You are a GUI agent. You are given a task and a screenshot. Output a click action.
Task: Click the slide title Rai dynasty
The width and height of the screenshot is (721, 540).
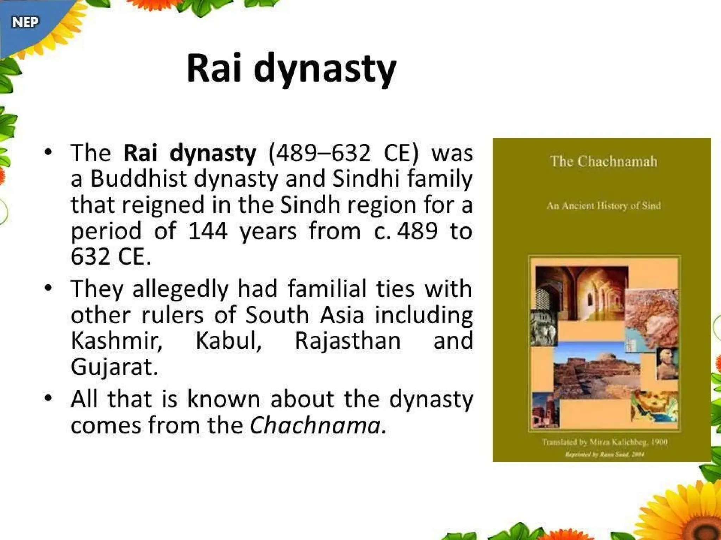(x=291, y=68)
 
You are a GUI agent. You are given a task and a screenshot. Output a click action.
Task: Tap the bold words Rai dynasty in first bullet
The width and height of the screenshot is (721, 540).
(x=190, y=153)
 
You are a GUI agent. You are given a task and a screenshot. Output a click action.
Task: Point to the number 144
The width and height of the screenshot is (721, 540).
(x=207, y=231)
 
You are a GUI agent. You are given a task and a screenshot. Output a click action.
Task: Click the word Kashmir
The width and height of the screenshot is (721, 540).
(x=117, y=341)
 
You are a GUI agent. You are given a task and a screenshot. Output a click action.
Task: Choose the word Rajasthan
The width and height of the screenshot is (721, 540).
(x=347, y=341)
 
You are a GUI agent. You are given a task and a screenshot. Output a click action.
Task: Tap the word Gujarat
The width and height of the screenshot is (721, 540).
(x=114, y=367)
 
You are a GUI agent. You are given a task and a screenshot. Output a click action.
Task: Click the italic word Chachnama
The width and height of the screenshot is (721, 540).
(x=315, y=425)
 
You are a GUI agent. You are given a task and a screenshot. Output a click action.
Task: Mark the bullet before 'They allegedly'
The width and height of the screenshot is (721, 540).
(x=48, y=288)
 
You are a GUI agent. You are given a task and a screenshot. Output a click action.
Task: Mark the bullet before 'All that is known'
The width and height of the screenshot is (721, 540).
(x=48, y=398)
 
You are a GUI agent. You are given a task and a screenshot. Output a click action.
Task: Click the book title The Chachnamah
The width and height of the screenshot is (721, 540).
(x=603, y=161)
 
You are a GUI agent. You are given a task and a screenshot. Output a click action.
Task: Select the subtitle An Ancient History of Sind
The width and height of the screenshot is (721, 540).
(x=603, y=206)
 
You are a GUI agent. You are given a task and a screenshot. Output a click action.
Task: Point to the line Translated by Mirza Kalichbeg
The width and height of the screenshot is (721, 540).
(x=604, y=442)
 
